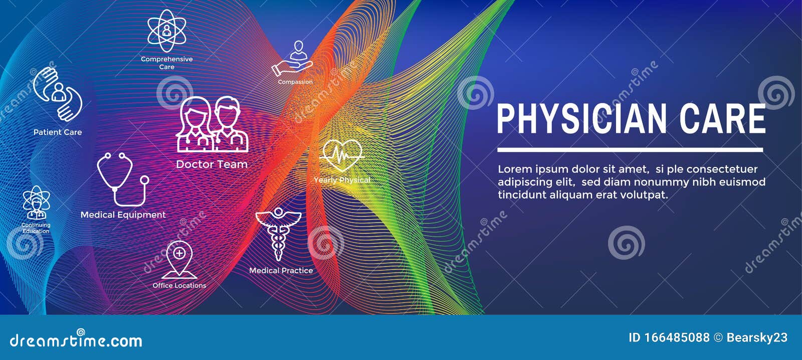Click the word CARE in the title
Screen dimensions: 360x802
tap(722, 119)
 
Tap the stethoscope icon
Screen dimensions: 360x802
tap(122, 179)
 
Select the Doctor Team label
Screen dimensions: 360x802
tap(212, 164)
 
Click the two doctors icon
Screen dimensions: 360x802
tap(212, 124)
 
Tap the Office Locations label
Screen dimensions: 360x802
tap(179, 285)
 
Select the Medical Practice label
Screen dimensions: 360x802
tap(281, 271)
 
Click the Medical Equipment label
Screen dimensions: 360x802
tap(123, 215)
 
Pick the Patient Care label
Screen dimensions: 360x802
tap(58, 132)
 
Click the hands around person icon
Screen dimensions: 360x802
tap(58, 94)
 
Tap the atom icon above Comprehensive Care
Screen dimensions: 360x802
tap(166, 31)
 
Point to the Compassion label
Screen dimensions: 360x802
tap(295, 82)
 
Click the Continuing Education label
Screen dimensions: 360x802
tap(36, 228)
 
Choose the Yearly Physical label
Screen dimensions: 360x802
tap(342, 180)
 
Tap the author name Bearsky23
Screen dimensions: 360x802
tap(757, 337)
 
